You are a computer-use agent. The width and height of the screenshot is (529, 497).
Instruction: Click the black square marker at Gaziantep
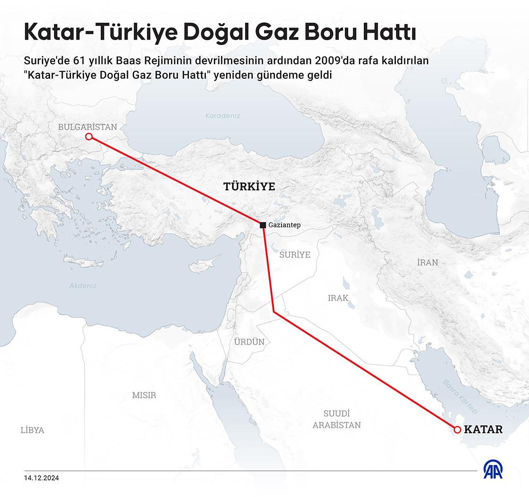263,225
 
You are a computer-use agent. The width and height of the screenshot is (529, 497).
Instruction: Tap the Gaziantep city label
284,225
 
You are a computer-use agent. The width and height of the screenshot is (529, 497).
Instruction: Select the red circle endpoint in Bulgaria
88,137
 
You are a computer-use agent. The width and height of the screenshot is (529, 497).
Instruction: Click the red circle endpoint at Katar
457,429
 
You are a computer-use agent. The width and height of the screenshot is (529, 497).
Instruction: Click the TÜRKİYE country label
249,187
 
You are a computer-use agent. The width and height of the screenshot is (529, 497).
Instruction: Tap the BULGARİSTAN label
87,127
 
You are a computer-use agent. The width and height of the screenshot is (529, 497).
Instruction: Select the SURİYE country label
295,255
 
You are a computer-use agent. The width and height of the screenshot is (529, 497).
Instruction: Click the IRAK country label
338,298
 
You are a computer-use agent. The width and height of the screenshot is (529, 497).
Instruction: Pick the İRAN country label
427,262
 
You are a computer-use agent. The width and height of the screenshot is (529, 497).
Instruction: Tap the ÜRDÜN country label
249,342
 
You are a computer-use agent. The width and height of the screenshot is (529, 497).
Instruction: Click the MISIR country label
144,395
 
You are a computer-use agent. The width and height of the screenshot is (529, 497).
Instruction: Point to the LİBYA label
32,430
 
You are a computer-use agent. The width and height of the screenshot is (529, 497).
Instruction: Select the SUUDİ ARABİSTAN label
336,419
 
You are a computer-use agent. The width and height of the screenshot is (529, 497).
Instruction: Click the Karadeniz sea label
223,116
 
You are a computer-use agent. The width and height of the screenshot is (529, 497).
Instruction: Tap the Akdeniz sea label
83,286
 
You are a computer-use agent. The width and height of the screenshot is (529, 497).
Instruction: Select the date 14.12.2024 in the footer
42,478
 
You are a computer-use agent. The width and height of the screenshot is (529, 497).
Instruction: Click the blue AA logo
493,470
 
